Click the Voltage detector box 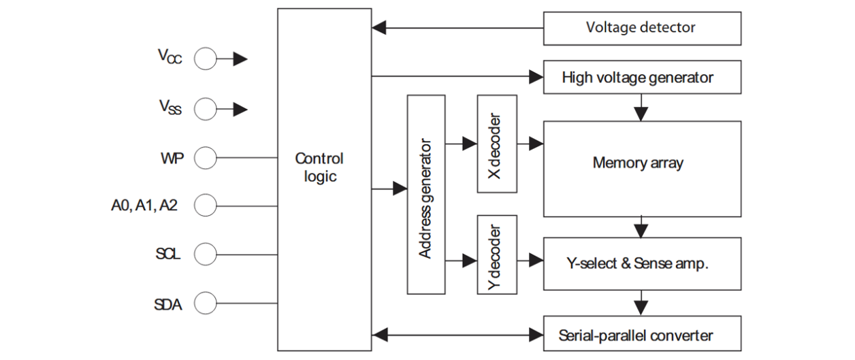coord(641,28)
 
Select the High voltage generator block coord(641,78)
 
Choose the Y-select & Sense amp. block coord(641,263)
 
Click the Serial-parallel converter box coord(641,335)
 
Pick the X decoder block coord(497,144)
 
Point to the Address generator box coord(425,195)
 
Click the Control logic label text coord(319,167)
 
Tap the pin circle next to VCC coord(205,59)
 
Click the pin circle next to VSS coord(205,108)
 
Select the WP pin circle coord(205,159)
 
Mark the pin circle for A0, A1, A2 coord(205,204)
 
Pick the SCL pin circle coord(205,255)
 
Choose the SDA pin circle coord(205,303)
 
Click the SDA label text coord(167,304)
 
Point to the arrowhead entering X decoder coord(469,144)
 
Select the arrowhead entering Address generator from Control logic coord(400,189)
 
